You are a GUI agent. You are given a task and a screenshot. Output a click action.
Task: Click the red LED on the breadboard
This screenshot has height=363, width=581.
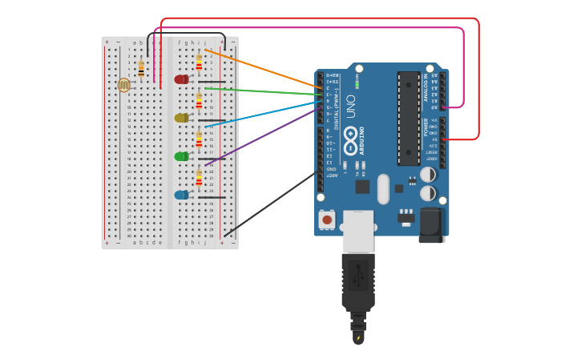coord(181,79)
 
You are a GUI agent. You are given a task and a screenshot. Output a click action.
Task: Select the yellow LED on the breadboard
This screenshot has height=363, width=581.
coord(181,118)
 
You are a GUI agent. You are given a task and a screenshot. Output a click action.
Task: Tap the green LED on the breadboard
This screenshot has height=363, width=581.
coord(181,156)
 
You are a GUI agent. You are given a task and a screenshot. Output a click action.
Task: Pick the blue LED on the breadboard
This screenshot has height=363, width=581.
coord(181,195)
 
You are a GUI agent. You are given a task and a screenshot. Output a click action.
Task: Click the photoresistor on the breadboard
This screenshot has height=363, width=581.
coord(123,84)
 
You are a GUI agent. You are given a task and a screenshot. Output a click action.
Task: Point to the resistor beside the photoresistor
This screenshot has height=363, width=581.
coord(141,70)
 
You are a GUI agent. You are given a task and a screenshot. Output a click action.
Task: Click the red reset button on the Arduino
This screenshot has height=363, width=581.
coord(327,219)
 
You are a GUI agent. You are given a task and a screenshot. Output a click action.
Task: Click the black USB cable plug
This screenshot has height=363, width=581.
coord(357,280)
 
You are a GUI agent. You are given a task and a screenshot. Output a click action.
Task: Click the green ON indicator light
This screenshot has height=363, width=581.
coord(357,84)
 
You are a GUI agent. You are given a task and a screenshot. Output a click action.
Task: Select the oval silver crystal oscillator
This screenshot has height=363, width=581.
coord(383,188)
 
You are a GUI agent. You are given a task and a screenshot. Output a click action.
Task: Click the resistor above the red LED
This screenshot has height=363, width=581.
coord(199,62)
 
